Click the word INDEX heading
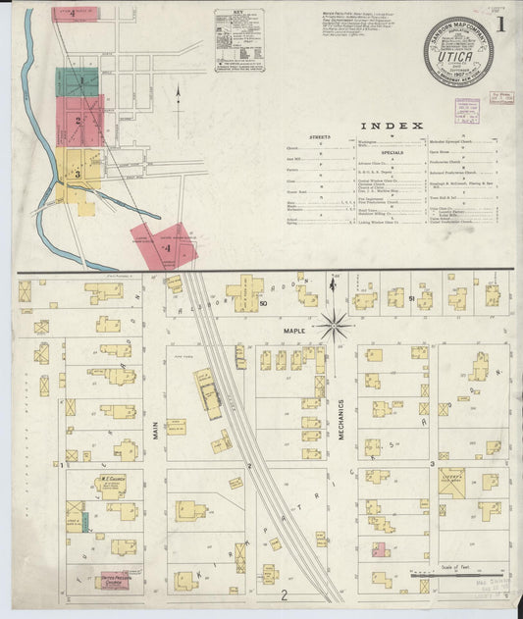(392, 126)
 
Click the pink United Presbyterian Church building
(115, 580)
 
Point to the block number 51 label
(412, 297)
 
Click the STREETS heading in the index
(320, 136)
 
